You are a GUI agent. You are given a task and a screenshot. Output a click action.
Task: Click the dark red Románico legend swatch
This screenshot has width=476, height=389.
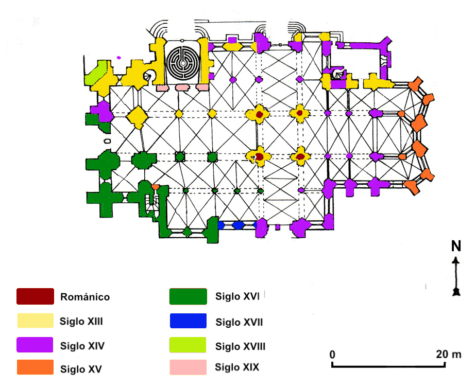pos(35,296)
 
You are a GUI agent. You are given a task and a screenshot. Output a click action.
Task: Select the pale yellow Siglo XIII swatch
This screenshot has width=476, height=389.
pos(35,321)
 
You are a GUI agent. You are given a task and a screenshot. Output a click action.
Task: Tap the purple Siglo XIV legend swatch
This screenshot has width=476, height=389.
pos(35,345)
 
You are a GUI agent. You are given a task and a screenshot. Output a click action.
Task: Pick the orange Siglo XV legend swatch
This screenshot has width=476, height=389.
pos(35,367)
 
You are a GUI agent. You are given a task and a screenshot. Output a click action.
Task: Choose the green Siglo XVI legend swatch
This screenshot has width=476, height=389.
pos(188,296)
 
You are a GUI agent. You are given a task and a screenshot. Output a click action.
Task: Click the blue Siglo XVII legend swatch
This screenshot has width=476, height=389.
pos(188,321)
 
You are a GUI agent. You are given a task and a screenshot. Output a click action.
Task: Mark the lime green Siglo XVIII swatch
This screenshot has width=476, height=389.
pos(188,345)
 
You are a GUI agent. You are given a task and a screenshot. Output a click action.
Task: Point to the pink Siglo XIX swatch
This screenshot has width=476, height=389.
pos(188,367)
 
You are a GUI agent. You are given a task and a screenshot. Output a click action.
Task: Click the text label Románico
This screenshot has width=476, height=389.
pos(85,297)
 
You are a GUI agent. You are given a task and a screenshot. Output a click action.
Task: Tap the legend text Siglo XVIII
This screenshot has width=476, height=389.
pos(241,346)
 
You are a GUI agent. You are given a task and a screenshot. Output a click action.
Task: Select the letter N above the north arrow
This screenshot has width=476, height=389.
pos(456,246)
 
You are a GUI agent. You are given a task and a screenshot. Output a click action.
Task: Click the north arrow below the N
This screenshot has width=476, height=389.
pos(456,276)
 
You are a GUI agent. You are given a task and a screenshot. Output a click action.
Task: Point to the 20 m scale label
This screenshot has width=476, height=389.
pos(449,354)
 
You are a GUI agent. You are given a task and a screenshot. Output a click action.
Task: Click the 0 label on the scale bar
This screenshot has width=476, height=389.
pos(332,355)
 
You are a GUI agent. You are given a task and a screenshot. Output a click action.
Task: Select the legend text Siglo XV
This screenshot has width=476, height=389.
pos(81,369)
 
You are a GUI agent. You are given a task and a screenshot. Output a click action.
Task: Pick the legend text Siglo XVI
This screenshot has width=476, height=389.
pos(237,296)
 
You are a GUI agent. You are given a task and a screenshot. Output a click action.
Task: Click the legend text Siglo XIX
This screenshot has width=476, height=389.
pos(237,367)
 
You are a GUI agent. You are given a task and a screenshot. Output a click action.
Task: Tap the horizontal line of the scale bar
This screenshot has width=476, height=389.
pos(388,366)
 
